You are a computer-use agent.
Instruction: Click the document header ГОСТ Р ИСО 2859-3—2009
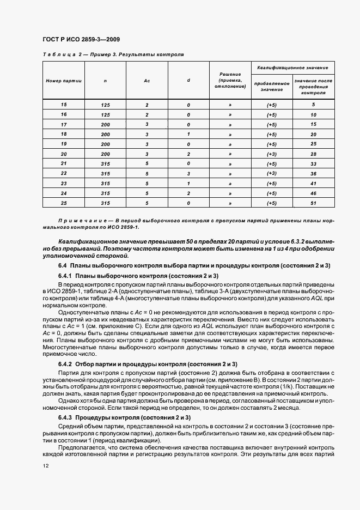click(81, 39)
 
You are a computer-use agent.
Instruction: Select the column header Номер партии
click(64, 81)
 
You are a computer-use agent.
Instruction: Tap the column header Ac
click(147, 81)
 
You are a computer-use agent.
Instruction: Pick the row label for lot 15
click(64, 105)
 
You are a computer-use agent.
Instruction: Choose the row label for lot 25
click(64, 203)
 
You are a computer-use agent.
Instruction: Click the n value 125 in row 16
click(105, 115)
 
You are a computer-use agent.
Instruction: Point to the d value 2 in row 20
click(188, 154)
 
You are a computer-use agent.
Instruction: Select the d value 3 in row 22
click(188, 174)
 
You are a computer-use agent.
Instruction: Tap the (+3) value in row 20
click(271, 154)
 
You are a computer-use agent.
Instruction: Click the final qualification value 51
click(314, 203)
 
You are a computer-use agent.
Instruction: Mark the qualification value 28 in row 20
click(314, 154)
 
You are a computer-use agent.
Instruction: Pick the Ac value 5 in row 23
click(147, 184)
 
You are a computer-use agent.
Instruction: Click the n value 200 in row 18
click(105, 134)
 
